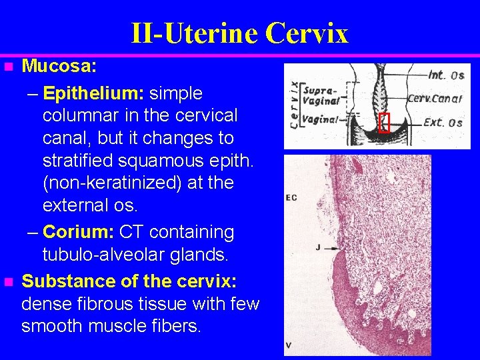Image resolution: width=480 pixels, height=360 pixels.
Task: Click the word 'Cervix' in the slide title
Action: [x=307, y=33]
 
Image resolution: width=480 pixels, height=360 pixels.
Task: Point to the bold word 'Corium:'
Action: [x=79, y=232]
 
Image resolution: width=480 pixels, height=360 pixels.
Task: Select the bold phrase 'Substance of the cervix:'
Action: [x=129, y=281]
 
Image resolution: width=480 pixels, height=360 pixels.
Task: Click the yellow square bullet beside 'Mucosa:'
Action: [x=7, y=67]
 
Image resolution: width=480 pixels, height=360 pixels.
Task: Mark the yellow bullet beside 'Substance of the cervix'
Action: [x=7, y=282]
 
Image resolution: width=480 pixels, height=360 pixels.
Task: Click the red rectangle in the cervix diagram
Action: [x=383, y=123]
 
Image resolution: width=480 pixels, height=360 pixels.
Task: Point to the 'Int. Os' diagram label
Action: [x=446, y=74]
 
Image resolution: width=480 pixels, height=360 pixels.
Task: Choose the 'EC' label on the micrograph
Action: [x=291, y=197]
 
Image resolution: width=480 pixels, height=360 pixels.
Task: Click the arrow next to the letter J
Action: [x=333, y=247]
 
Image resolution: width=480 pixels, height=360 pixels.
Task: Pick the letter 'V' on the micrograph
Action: [x=288, y=345]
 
